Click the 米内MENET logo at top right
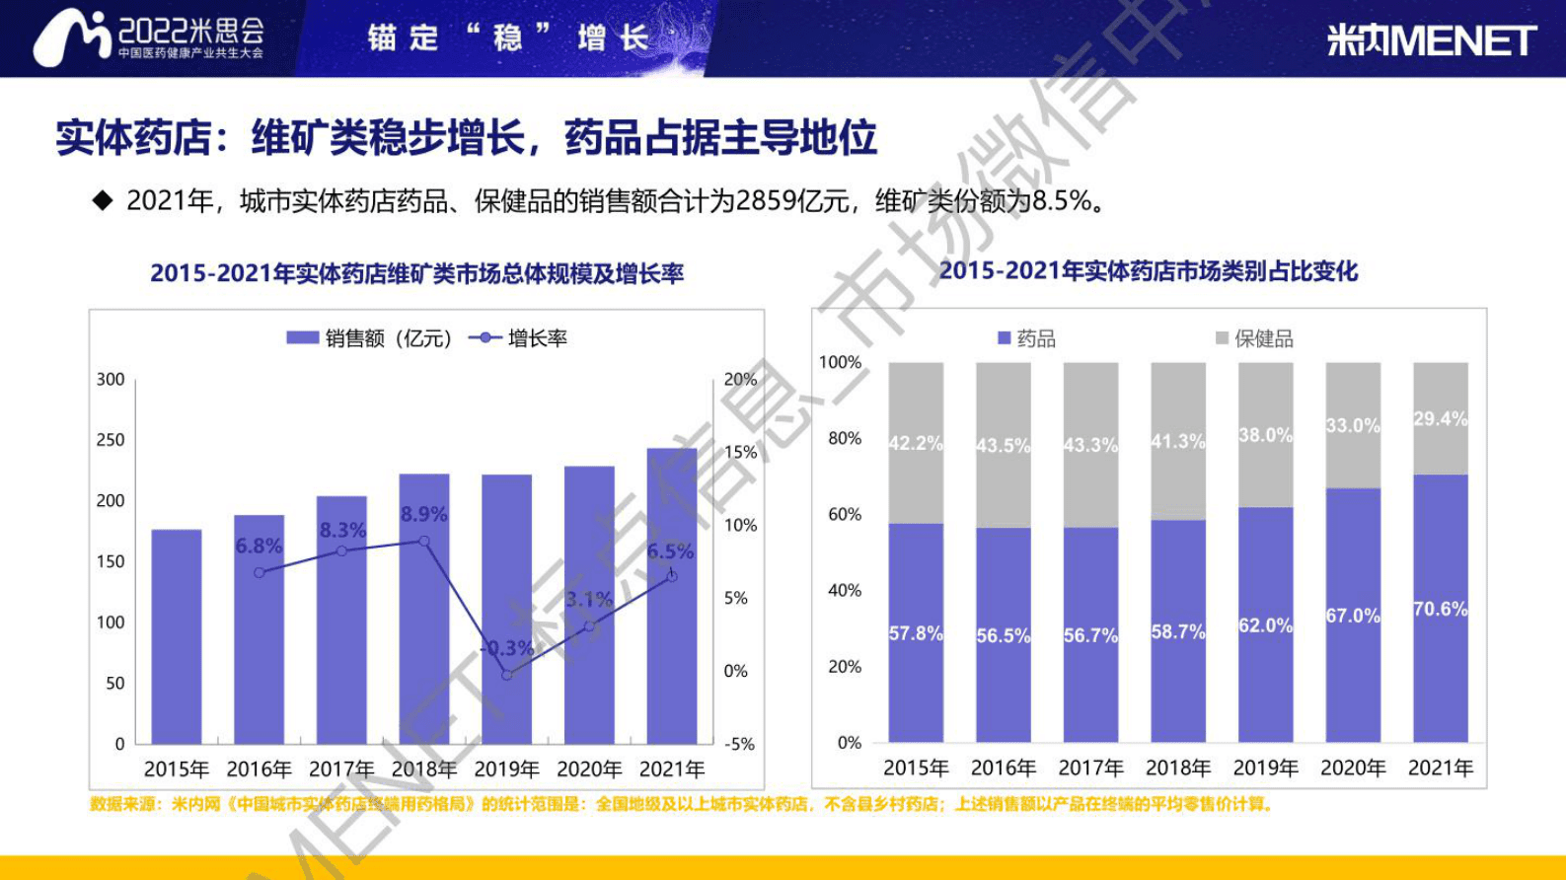[1431, 40]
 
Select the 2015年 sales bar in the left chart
[177, 636]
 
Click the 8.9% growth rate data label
[424, 514]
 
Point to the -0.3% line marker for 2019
[506, 675]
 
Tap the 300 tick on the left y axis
[111, 380]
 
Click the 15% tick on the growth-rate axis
[740, 453]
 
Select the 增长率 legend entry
[519, 338]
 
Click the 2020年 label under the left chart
[589, 769]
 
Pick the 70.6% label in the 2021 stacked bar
[1440, 609]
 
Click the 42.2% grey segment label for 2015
[915, 443]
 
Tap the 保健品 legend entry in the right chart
[1254, 338]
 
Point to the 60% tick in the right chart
[844, 514]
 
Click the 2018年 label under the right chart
[1177, 768]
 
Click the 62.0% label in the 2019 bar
[1265, 625]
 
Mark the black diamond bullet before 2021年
[103, 201]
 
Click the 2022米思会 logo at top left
[148, 37]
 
